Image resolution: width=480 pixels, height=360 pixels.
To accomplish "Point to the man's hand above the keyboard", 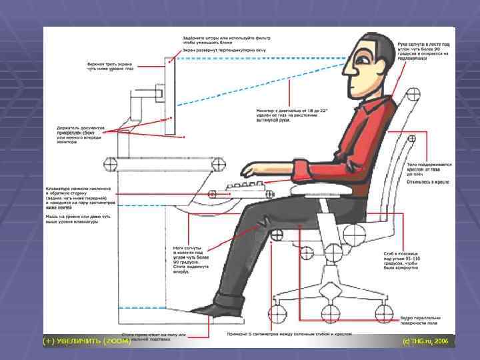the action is tap(252, 169).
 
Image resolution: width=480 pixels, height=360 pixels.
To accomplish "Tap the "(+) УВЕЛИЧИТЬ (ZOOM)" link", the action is tap(87, 341).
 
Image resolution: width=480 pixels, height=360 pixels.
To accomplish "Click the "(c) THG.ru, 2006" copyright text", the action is tap(425, 341).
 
